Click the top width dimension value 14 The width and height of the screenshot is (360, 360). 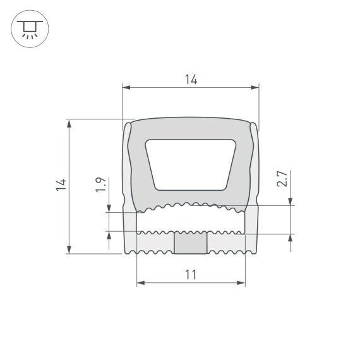(x=191, y=79)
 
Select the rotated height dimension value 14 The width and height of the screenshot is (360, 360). (x=61, y=185)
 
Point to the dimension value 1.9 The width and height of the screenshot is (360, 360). (x=100, y=185)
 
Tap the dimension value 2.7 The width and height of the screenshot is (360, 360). (x=284, y=178)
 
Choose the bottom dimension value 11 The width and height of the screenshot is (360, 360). (x=191, y=274)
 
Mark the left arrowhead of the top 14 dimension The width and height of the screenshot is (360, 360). (x=125, y=87)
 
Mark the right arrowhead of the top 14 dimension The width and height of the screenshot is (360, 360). (x=256, y=87)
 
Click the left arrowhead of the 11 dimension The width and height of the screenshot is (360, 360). (x=140, y=282)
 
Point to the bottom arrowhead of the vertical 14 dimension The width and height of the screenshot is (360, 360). (x=69, y=250)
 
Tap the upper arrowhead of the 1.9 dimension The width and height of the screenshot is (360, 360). (x=109, y=209)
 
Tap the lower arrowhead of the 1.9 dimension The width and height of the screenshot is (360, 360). (x=109, y=236)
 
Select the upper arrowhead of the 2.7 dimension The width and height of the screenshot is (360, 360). (x=291, y=201)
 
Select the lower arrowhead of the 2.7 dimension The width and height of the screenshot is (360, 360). (x=291, y=238)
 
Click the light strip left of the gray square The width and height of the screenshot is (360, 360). (x=155, y=243)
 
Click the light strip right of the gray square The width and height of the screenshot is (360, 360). (x=225, y=243)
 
